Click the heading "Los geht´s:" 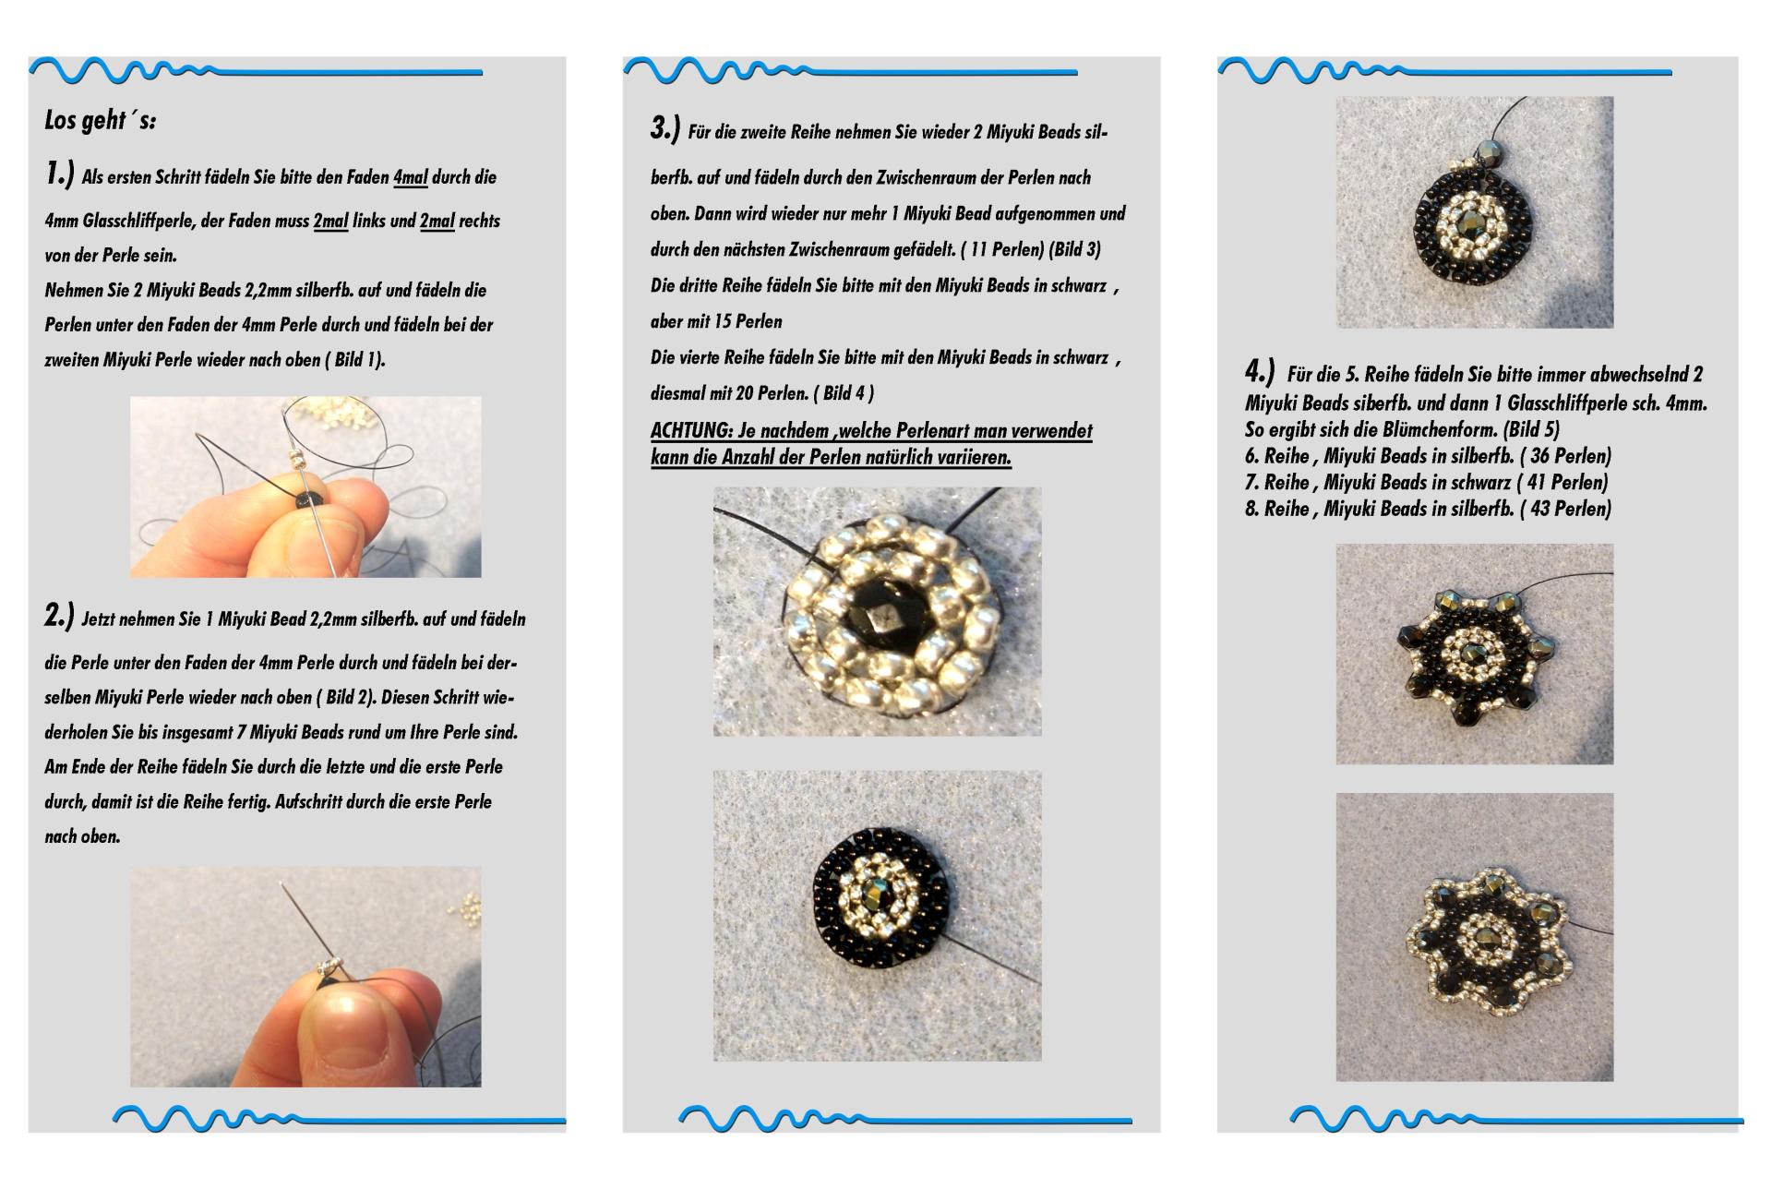tap(100, 121)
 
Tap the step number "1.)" tap(59, 174)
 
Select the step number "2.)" tap(59, 616)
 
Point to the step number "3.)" tap(665, 128)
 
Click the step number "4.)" tap(1260, 372)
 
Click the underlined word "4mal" tap(411, 177)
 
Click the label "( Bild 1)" tap(354, 360)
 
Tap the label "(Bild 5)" tap(1531, 430)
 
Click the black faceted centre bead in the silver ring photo tap(876, 614)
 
